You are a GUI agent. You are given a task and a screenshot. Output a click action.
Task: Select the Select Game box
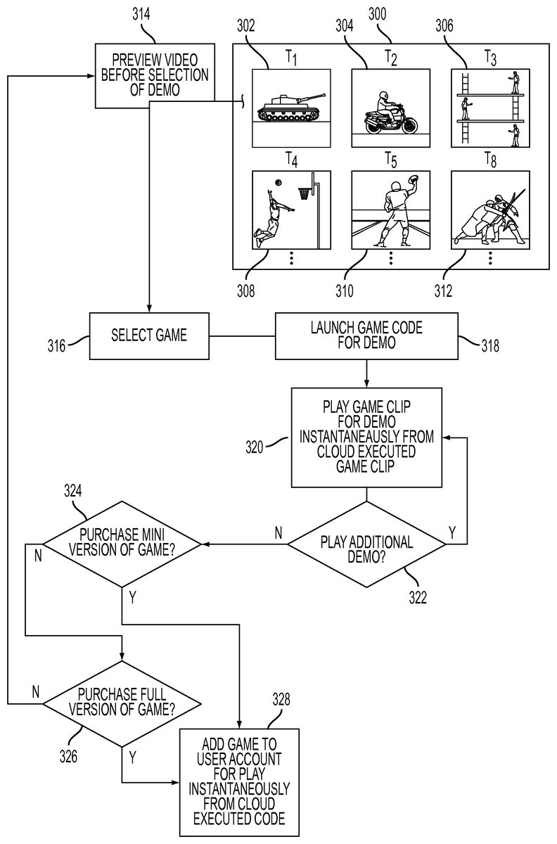(149, 335)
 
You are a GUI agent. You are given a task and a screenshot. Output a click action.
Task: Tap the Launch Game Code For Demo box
(367, 335)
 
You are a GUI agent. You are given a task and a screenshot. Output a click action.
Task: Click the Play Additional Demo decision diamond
(366, 543)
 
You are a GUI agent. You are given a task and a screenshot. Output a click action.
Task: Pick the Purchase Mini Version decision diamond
(123, 543)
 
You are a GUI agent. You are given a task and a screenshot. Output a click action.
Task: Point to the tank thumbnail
(290, 108)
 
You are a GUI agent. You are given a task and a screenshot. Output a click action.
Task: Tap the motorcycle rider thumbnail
(390, 108)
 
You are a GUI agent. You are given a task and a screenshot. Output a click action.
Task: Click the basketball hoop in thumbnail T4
(305, 191)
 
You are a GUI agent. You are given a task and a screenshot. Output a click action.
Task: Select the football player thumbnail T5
(390, 210)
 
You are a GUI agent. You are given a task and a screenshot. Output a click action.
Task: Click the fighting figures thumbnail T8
(489, 210)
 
